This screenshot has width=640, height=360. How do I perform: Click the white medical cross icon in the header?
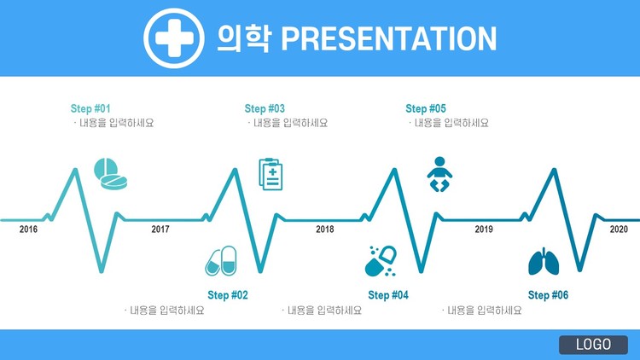pyautogui.click(x=174, y=38)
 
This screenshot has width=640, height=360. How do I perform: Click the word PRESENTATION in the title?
pyautogui.click(x=389, y=38)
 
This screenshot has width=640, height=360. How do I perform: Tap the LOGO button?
pyautogui.click(x=593, y=345)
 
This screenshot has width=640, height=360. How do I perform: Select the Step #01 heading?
pyautogui.click(x=90, y=108)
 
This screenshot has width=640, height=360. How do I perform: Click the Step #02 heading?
pyautogui.click(x=228, y=295)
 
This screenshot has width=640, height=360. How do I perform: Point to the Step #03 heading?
pyautogui.click(x=265, y=108)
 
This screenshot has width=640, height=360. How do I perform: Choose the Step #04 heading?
pyautogui.click(x=388, y=295)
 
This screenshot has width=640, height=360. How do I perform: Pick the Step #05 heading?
pyautogui.click(x=426, y=108)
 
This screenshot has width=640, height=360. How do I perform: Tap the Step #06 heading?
pyautogui.click(x=548, y=295)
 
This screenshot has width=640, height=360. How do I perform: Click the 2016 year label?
pyautogui.click(x=28, y=229)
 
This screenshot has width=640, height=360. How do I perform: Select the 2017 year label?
pyautogui.click(x=160, y=229)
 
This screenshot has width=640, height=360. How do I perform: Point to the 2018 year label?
pyautogui.click(x=325, y=229)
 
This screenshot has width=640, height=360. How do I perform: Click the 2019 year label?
pyautogui.click(x=484, y=229)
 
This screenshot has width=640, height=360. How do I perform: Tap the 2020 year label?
pyautogui.click(x=619, y=229)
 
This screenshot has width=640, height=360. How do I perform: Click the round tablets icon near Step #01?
pyautogui.click(x=110, y=174)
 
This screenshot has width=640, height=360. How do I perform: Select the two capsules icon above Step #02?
pyautogui.click(x=221, y=261)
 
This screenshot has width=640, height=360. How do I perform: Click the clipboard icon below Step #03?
pyautogui.click(x=271, y=174)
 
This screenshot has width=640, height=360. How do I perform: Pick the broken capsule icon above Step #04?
pyautogui.click(x=381, y=261)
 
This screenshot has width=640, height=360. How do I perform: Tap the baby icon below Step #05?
pyautogui.click(x=439, y=174)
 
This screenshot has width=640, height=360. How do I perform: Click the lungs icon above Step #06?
pyautogui.click(x=544, y=261)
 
